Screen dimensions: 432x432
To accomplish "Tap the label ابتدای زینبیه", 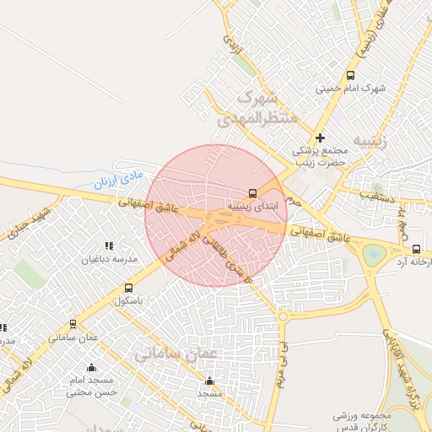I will [x=248, y=205].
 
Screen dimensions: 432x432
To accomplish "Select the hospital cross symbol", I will [x=320, y=138].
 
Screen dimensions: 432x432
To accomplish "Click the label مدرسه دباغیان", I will [x=107, y=259].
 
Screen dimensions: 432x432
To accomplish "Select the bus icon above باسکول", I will [x=128, y=288].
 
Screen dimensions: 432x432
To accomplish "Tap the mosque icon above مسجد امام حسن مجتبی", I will [x=91, y=368].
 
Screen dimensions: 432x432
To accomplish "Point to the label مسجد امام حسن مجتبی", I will [x=90, y=386].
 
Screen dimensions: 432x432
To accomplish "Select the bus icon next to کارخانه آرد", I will [x=416, y=248].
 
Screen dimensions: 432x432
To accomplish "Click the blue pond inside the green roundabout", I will [x=370, y=251].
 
